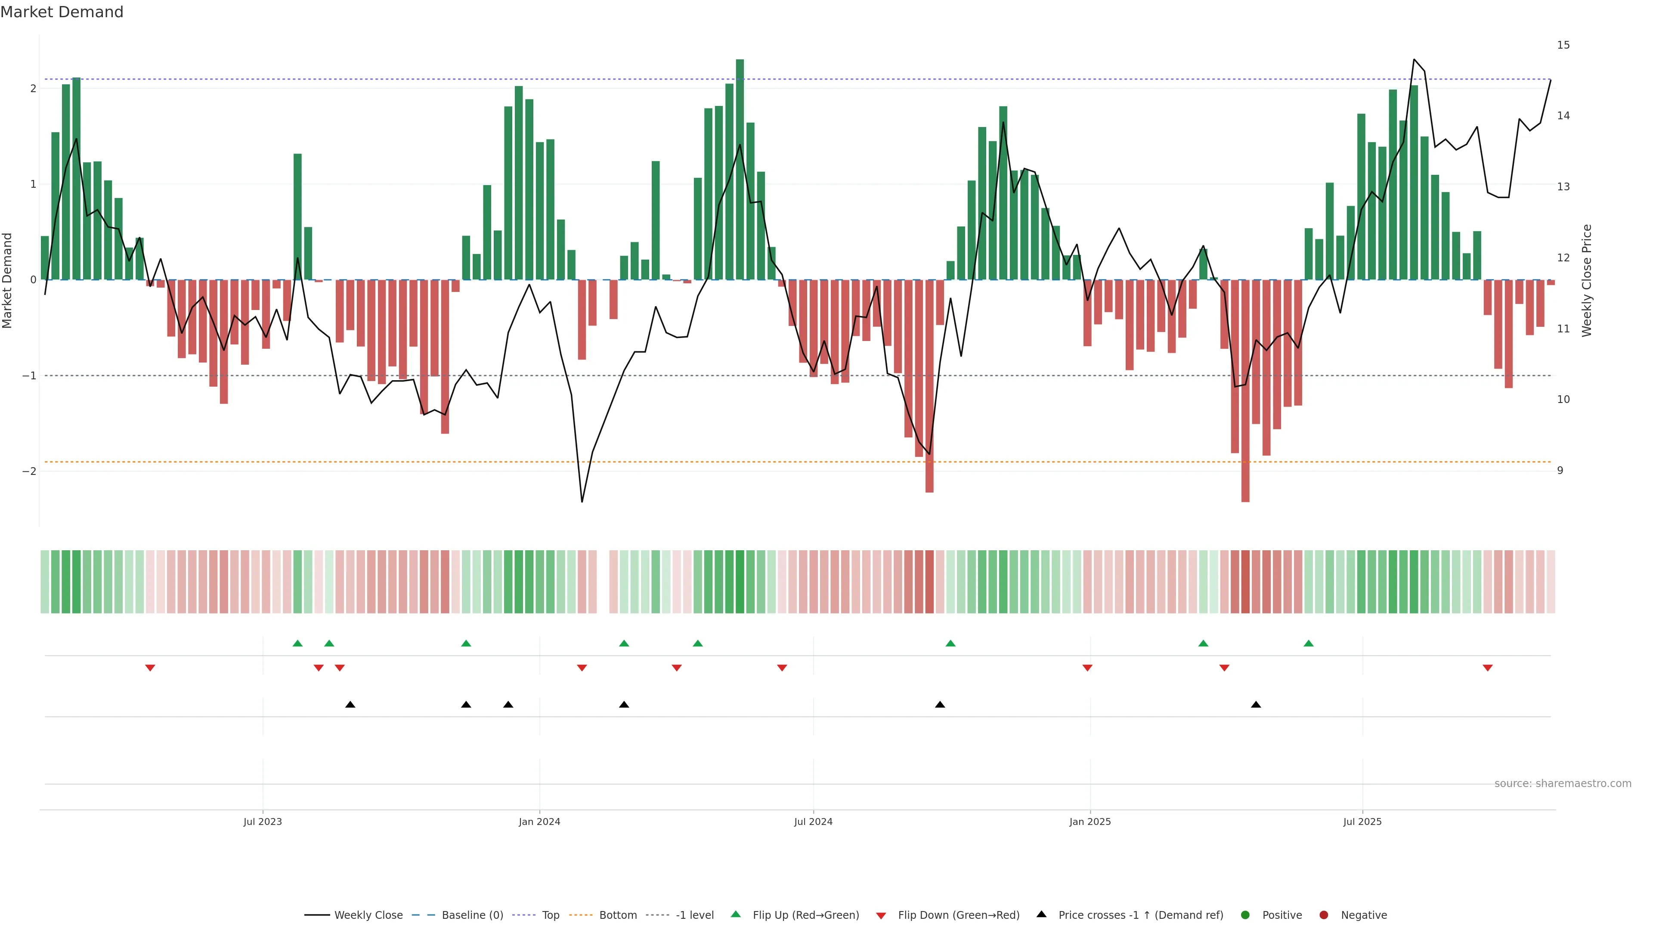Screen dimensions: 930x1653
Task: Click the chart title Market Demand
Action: click(x=62, y=12)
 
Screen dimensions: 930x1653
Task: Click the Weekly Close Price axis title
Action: click(x=1586, y=280)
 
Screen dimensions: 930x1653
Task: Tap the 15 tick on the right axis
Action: click(x=1563, y=45)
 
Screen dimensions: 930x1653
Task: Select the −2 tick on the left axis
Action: click(x=29, y=471)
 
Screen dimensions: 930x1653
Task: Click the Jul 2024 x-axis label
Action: click(x=813, y=821)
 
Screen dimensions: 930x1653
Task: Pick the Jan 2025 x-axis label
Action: click(x=1090, y=821)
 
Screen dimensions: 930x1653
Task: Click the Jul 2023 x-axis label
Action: click(x=263, y=821)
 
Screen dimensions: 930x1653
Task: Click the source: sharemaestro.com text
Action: click(x=1563, y=784)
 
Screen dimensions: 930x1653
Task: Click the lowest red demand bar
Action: click(x=1245, y=391)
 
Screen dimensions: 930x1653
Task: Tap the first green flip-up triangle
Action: click(x=297, y=643)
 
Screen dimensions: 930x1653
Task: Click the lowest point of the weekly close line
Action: click(x=582, y=501)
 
